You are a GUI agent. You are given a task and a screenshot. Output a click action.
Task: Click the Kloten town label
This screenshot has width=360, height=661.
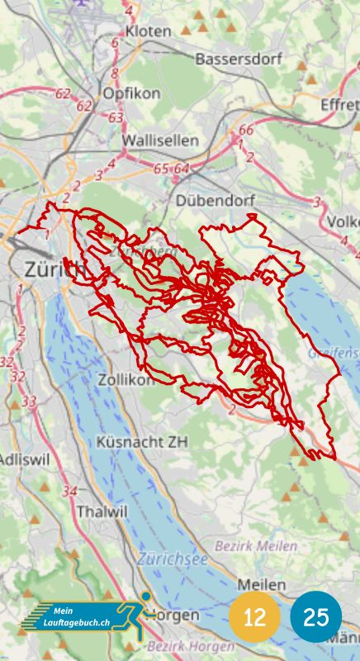pyautogui.click(x=149, y=31)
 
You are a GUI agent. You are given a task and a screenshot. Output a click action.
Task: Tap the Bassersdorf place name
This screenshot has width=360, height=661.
pyautogui.click(x=239, y=59)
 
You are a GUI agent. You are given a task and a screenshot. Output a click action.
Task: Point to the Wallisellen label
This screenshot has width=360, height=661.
pyautogui.click(x=160, y=141)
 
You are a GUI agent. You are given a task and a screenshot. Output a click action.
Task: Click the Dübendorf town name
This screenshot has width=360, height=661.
pyautogui.click(x=216, y=201)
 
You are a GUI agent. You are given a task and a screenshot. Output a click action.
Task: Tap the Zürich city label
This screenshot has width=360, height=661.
pyautogui.click(x=54, y=269)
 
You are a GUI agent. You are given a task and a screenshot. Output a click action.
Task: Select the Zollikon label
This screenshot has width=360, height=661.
pyautogui.click(x=125, y=380)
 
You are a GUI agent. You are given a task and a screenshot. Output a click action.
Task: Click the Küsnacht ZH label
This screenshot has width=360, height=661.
pyautogui.click(x=142, y=442)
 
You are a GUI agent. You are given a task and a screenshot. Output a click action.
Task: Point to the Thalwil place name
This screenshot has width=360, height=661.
pyautogui.click(x=102, y=511)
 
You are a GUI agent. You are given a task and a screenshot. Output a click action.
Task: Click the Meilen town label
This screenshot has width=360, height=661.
pyautogui.click(x=262, y=585)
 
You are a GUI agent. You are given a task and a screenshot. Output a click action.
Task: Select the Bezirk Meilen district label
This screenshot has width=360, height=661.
pyautogui.click(x=256, y=546)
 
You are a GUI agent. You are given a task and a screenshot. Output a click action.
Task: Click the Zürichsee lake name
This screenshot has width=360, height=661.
pyautogui.click(x=173, y=559)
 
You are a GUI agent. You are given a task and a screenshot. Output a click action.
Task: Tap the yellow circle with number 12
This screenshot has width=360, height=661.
pyautogui.click(x=254, y=617)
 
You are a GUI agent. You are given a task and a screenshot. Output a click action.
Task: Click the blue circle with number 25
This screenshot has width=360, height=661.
pyautogui.click(x=316, y=617)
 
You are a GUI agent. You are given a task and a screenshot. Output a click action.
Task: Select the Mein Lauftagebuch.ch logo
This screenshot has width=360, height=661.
pyautogui.click(x=83, y=616)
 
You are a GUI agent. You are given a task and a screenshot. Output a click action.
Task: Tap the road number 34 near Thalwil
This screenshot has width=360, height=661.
pyautogui.click(x=69, y=491)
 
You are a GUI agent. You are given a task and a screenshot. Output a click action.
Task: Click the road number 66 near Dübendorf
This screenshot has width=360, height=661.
pyautogui.click(x=246, y=130)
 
